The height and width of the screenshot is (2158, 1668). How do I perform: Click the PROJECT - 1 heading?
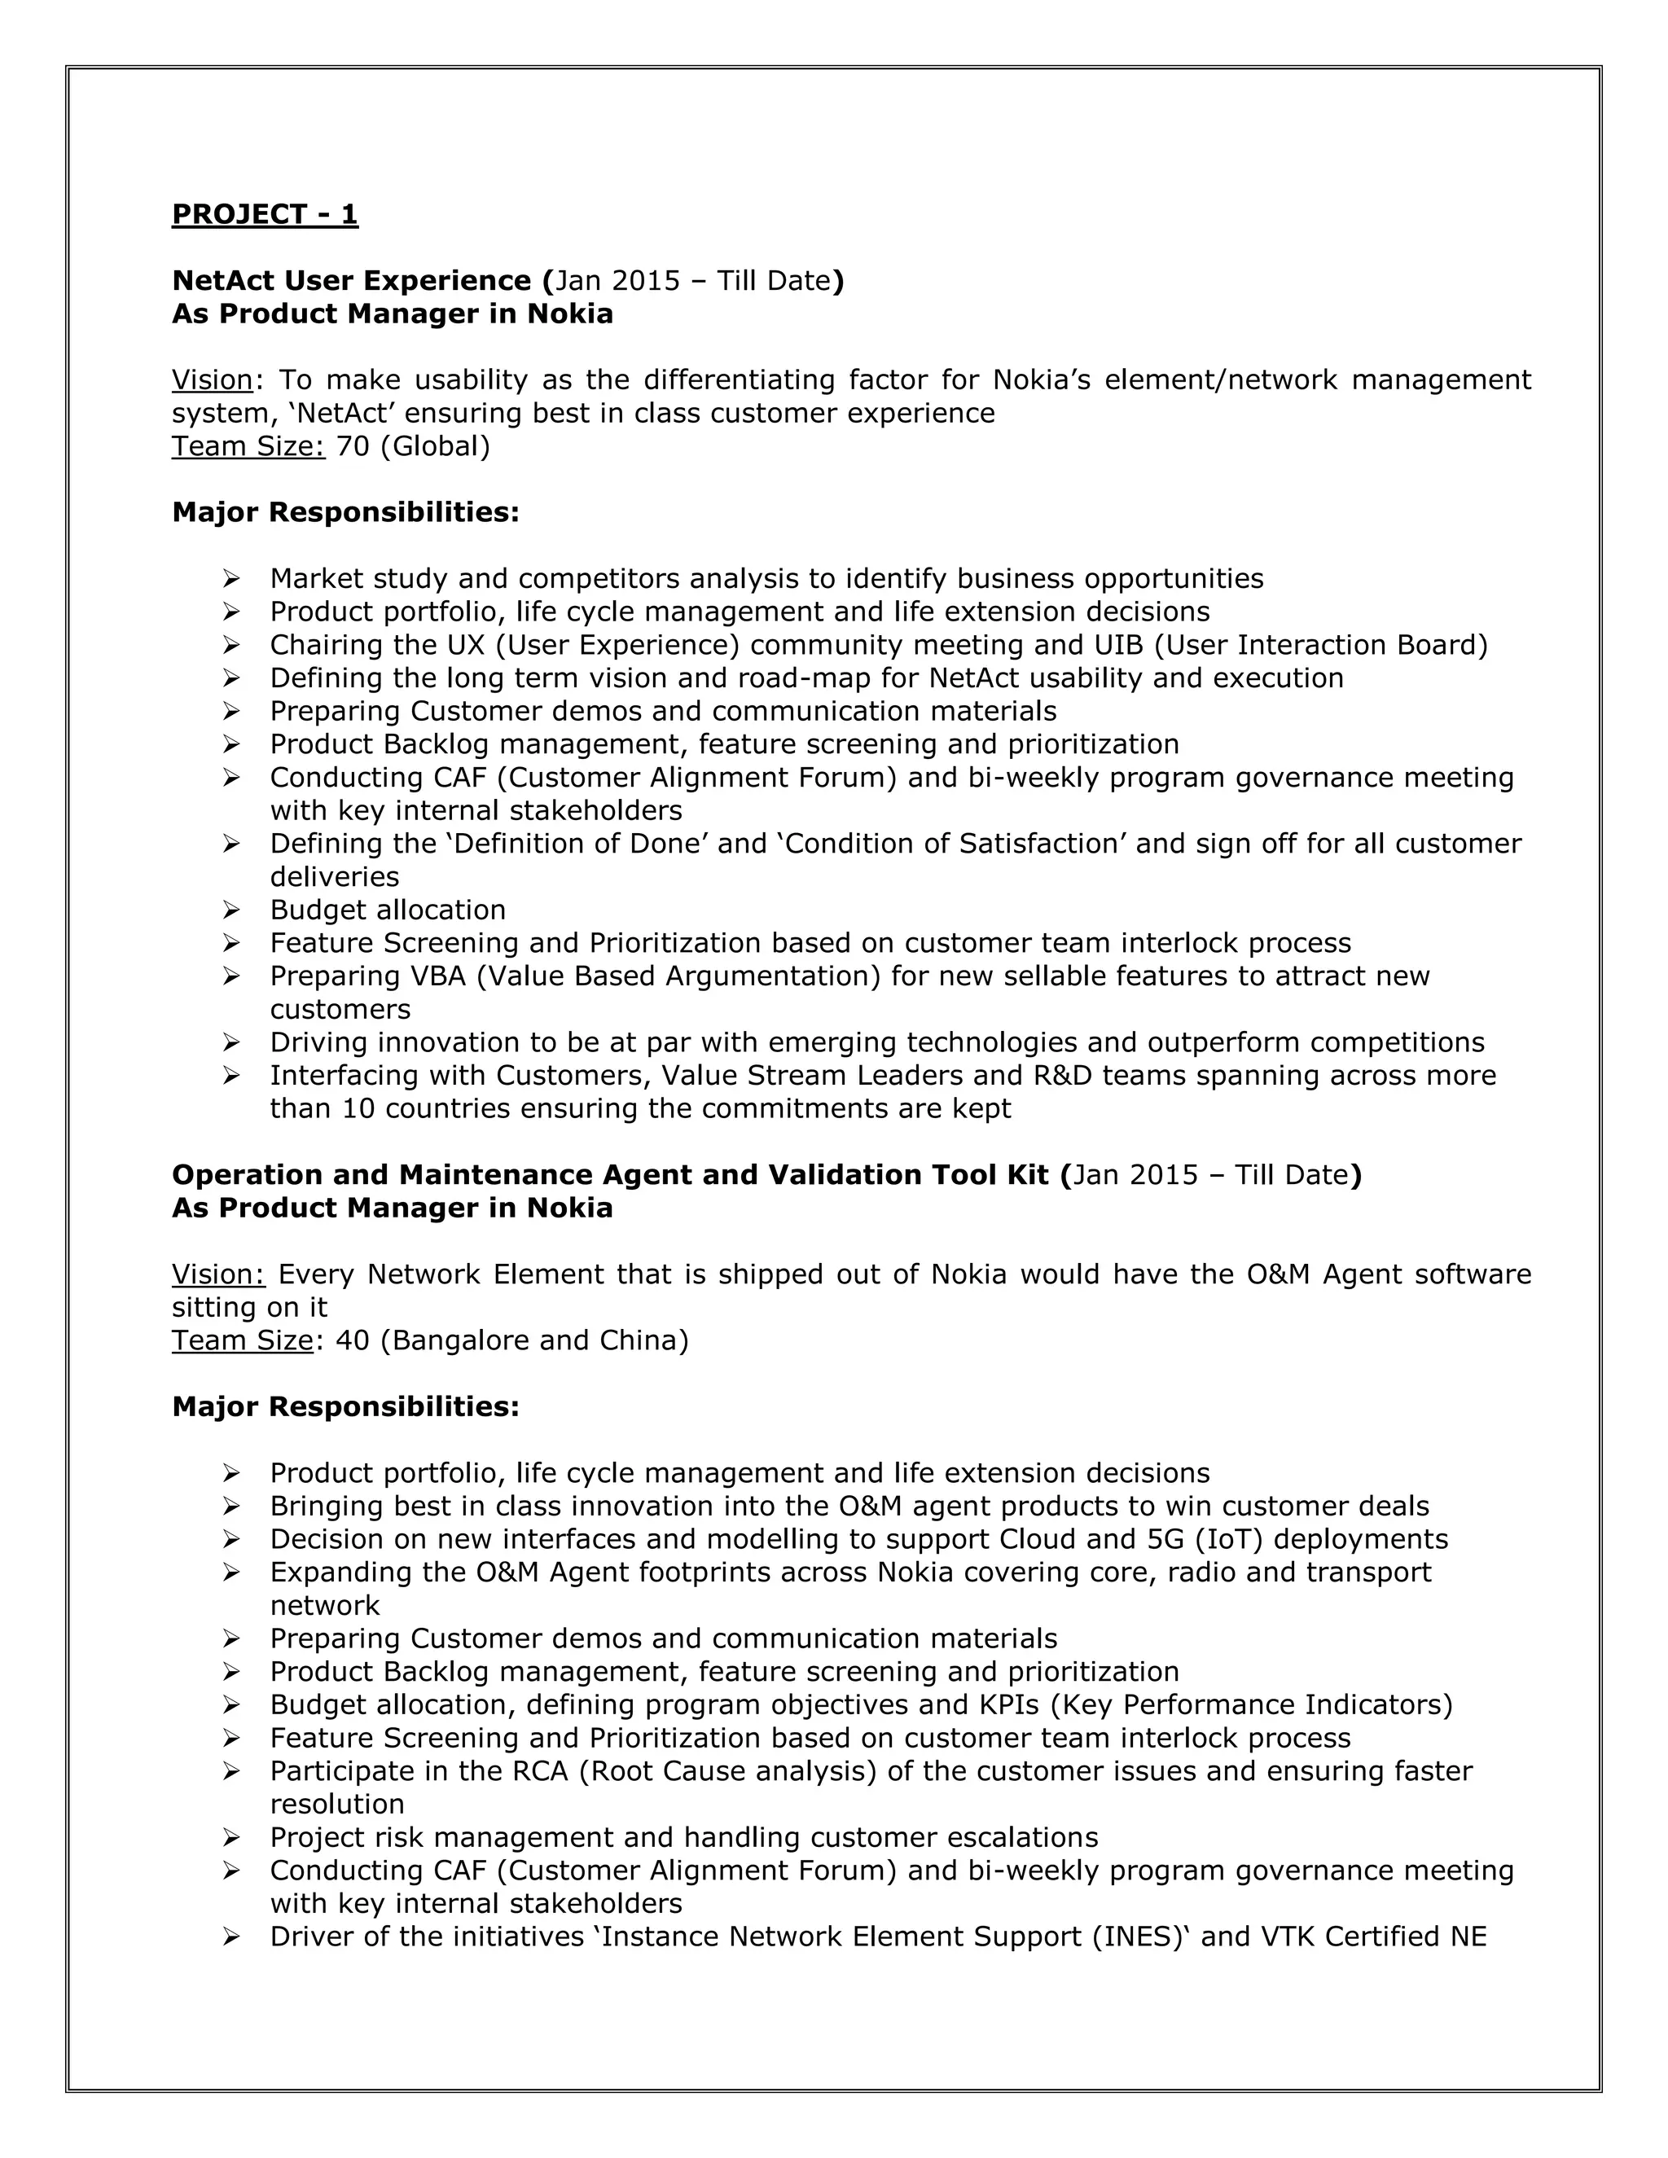point(265,214)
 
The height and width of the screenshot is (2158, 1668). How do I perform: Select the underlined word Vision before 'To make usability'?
point(213,379)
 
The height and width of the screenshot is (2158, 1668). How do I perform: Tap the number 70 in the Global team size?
point(353,445)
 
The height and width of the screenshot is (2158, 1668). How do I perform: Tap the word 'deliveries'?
point(334,876)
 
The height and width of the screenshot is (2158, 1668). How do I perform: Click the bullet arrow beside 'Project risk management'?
point(231,1837)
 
